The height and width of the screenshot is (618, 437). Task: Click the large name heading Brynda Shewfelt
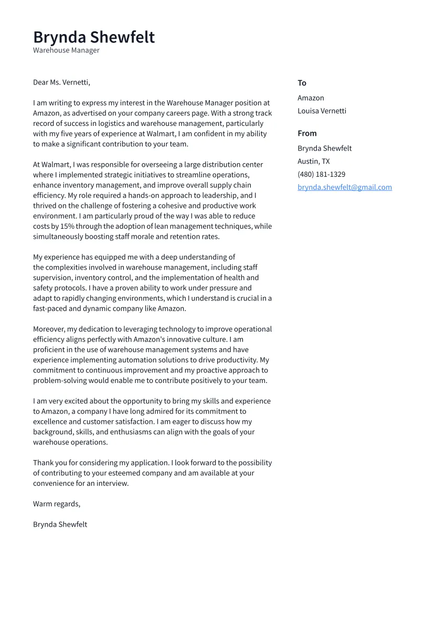pos(94,37)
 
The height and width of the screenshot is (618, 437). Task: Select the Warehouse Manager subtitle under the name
pos(66,50)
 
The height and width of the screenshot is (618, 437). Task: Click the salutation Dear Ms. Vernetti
pos(61,82)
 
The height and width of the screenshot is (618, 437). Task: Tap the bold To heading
pos(302,83)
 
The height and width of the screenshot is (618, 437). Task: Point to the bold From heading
pos(307,133)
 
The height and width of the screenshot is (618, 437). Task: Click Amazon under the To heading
pos(311,98)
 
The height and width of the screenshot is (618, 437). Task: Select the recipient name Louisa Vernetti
pos(322,111)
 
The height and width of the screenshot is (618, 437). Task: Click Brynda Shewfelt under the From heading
pos(324,148)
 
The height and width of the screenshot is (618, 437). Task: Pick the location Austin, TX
pos(313,162)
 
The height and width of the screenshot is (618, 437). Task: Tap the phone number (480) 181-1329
pos(321,174)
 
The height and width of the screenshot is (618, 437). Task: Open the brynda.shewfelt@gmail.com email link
pos(344,187)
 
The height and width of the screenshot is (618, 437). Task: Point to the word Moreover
pos(49,329)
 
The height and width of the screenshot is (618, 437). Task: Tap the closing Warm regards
pos(57,504)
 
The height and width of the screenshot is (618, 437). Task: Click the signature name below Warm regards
pos(60,525)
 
